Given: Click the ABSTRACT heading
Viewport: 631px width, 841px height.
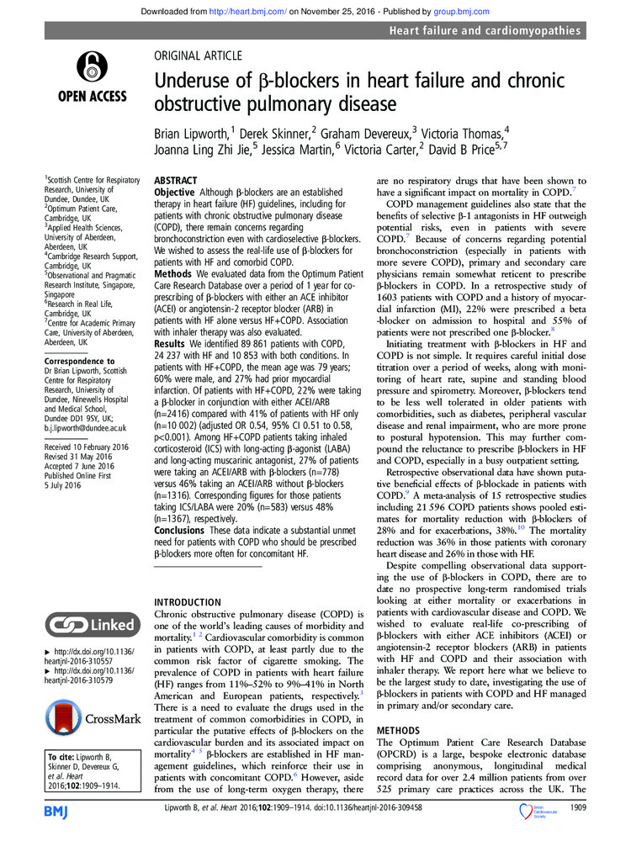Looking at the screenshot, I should point(175,181).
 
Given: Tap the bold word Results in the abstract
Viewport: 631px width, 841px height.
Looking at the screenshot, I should point(172,344).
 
